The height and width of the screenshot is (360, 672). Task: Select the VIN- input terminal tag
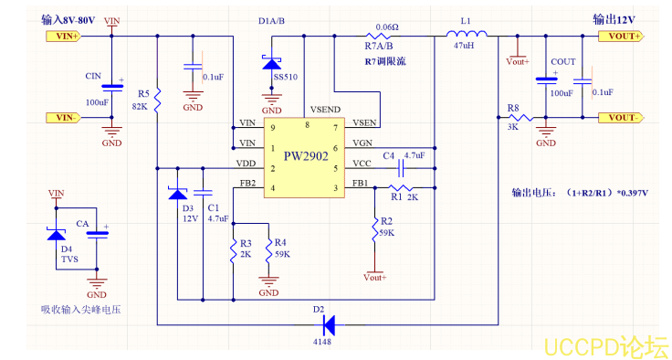pyautogui.click(x=63, y=117)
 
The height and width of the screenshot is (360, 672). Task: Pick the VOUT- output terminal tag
pyautogui.click(x=620, y=117)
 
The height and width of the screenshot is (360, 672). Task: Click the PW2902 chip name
pyautogui.click(x=306, y=156)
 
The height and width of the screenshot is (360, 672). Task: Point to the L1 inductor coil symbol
pyautogui.click(x=467, y=36)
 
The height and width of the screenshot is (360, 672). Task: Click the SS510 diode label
pyautogui.click(x=284, y=78)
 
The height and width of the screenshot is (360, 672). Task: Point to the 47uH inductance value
pyautogui.click(x=465, y=58)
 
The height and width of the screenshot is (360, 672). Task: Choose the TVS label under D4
pyautogui.click(x=68, y=259)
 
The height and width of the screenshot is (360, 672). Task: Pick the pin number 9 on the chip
pyautogui.click(x=271, y=126)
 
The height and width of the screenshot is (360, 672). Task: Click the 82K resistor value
pyautogui.click(x=141, y=106)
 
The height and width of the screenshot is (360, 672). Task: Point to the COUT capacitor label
pyautogui.click(x=563, y=61)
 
